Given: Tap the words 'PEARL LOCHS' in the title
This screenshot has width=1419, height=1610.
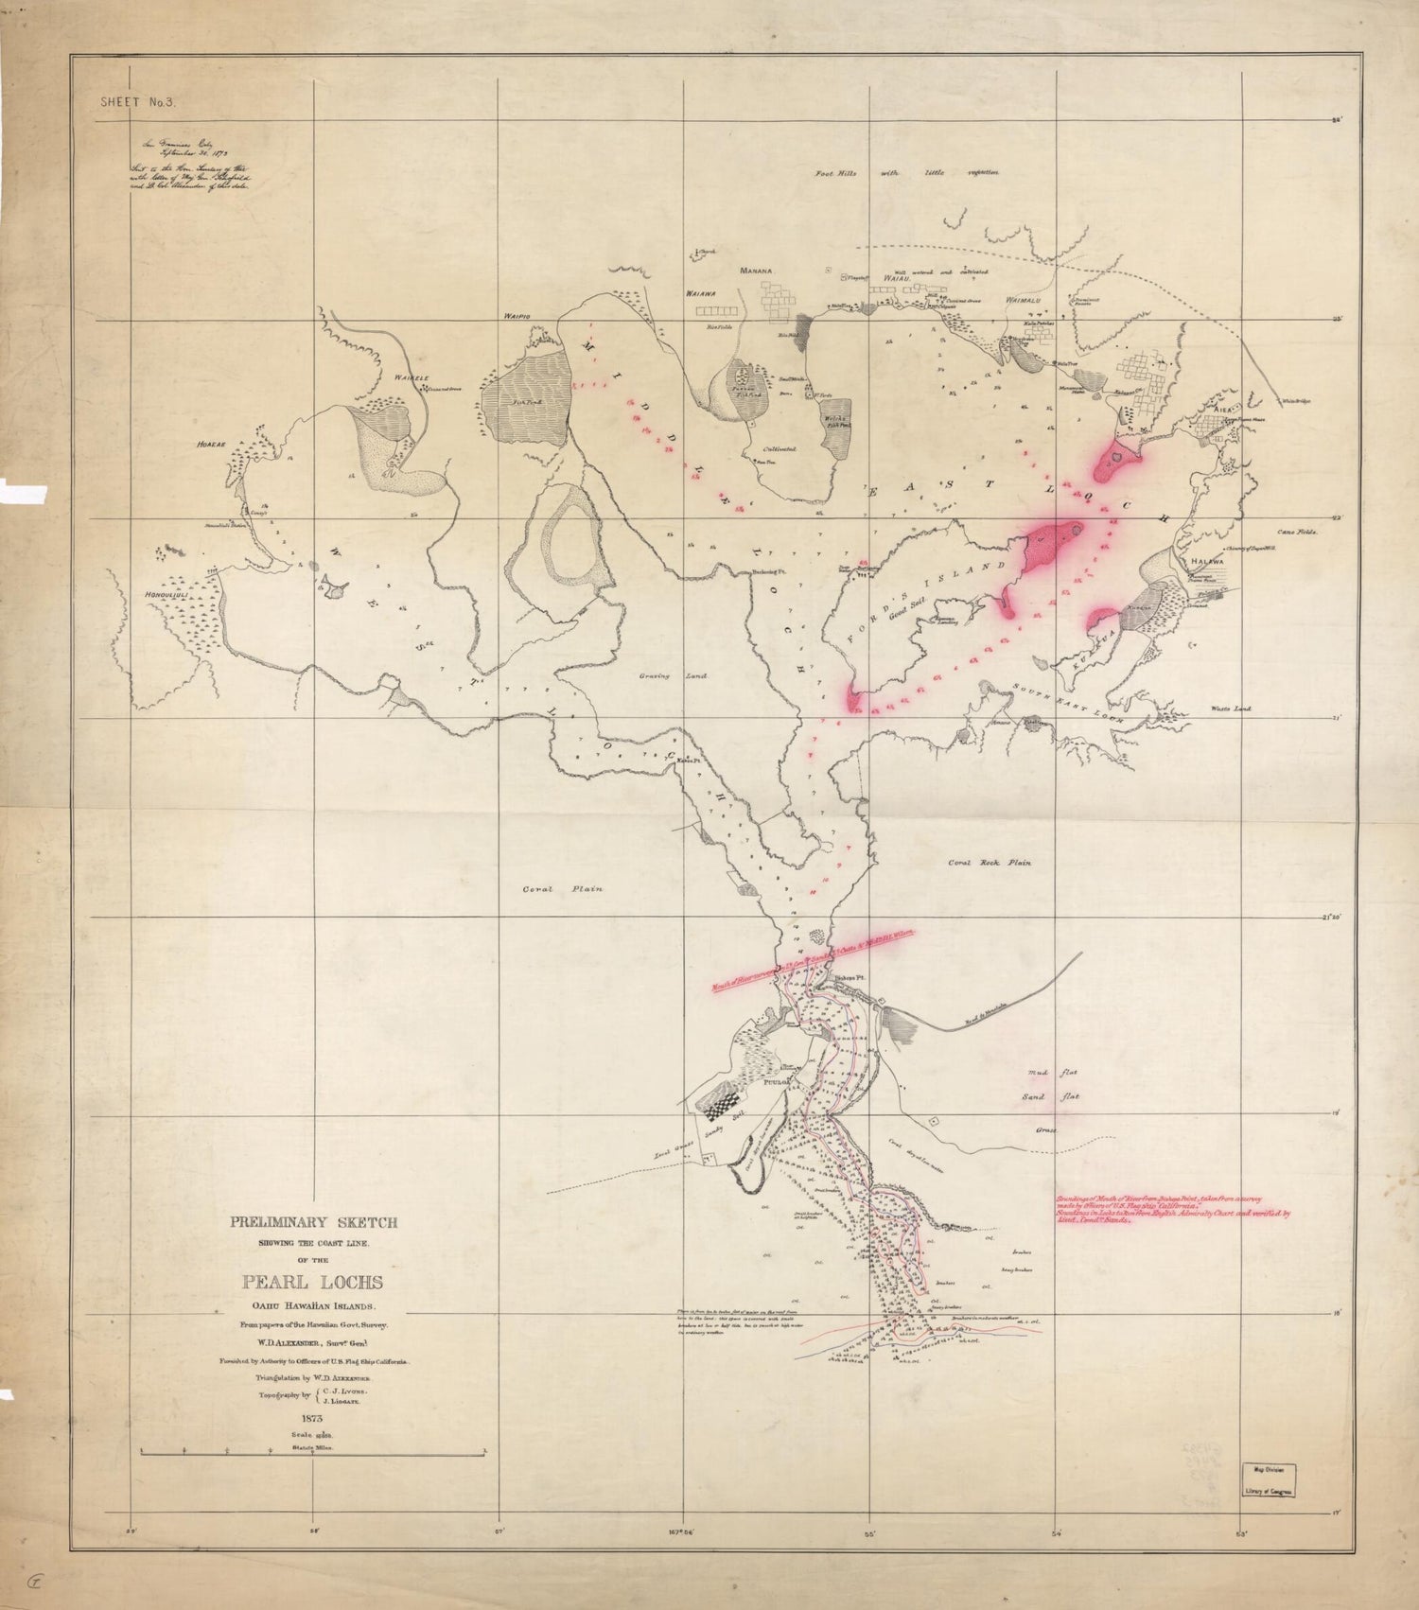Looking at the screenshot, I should click(x=312, y=1283).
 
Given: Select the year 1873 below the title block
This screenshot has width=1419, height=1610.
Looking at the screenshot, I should click(x=313, y=1418).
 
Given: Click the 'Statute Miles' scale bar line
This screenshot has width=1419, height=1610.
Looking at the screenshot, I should click(x=312, y=1450).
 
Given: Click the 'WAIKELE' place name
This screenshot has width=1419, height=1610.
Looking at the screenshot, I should click(x=412, y=378).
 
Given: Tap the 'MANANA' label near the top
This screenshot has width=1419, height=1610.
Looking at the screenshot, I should click(x=756, y=271).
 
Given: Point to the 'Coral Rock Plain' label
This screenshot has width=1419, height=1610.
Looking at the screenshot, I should click(x=990, y=863).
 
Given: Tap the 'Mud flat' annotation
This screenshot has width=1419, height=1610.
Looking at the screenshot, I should click(x=1052, y=1073).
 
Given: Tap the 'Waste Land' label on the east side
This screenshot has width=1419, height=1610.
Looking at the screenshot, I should click(x=1231, y=709).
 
